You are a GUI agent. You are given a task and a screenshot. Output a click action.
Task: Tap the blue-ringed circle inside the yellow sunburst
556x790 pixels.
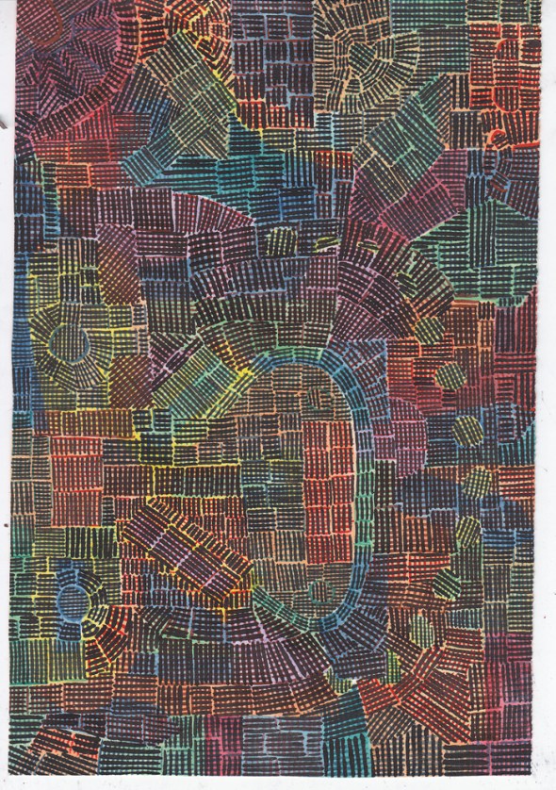pos(71,345)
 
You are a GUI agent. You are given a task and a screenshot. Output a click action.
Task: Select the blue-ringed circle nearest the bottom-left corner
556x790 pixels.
pos(71,600)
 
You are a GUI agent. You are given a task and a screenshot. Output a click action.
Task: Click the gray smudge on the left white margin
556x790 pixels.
pos(6,523)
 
